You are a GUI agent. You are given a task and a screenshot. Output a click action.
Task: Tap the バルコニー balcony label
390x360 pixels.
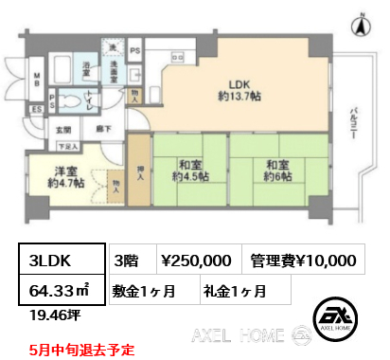(351, 123)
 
